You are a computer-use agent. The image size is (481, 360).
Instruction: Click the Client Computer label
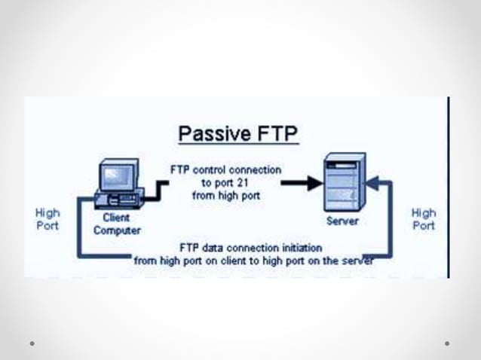point(117,224)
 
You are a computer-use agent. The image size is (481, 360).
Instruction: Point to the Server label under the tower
point(342,221)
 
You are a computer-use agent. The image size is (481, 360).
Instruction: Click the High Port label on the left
point(47,219)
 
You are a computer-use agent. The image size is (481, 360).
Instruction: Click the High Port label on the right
point(423,219)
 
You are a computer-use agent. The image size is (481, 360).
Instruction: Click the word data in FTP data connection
point(213,247)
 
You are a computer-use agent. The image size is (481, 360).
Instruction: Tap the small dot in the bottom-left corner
point(32,343)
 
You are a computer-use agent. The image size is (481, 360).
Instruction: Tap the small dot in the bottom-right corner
point(447,343)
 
